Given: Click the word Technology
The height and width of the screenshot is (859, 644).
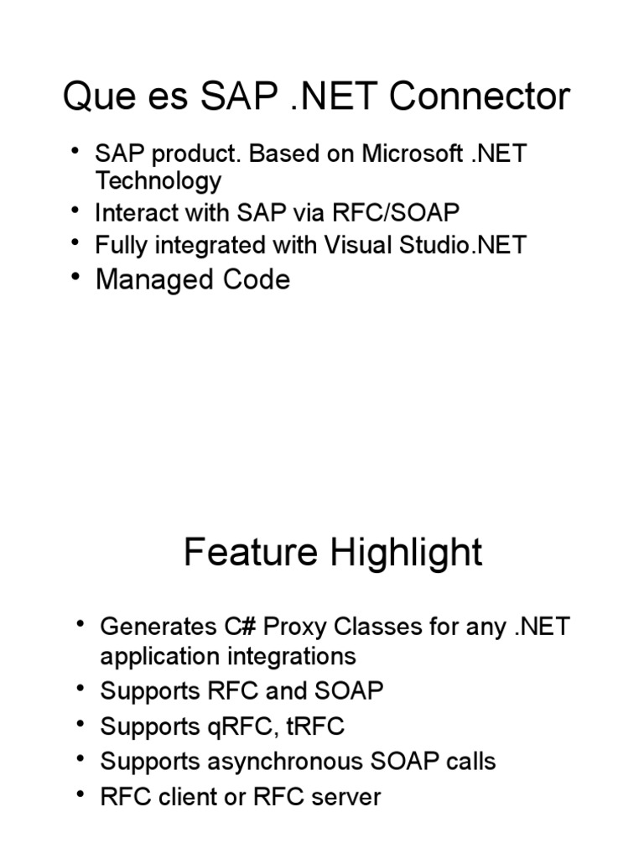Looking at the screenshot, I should tap(158, 181).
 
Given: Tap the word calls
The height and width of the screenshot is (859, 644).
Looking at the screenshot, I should tap(466, 762).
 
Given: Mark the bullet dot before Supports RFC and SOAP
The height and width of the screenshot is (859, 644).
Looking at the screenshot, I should tap(79, 689).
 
